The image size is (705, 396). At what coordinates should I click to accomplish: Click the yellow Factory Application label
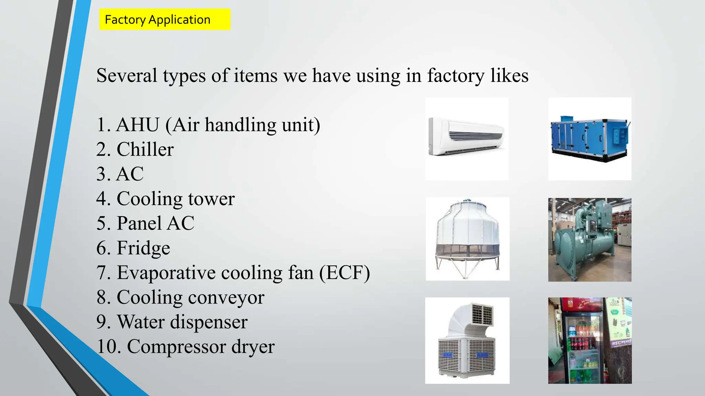[165, 20]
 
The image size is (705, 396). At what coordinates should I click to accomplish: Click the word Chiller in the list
[145, 149]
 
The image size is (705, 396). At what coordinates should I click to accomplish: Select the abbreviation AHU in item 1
[138, 124]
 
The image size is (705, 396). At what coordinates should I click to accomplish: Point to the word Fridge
[143, 248]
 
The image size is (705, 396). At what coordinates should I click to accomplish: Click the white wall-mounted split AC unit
[466, 136]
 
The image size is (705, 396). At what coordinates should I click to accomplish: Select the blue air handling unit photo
[589, 138]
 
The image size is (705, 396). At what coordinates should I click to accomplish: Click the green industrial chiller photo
[589, 240]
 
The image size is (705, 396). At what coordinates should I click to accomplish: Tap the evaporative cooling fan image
[467, 340]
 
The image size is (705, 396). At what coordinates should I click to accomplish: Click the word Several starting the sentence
[126, 75]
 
